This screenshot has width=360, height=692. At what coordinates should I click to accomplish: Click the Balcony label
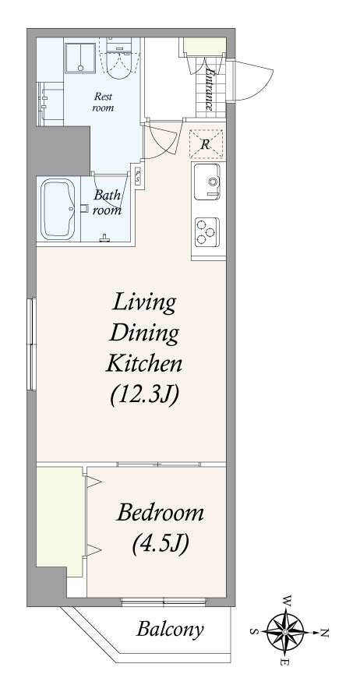tap(170, 630)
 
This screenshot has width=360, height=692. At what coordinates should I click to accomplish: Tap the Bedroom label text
tap(161, 514)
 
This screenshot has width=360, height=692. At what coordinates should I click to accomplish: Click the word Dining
tap(144, 334)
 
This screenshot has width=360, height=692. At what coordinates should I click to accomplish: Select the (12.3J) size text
tap(144, 394)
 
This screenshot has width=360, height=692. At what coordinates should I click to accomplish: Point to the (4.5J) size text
tap(161, 544)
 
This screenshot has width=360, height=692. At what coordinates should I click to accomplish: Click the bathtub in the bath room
tap(58, 209)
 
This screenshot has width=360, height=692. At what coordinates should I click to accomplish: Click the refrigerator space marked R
tap(206, 144)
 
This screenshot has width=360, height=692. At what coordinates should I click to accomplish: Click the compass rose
tap(285, 632)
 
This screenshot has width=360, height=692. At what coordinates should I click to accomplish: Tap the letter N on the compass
tap(324, 633)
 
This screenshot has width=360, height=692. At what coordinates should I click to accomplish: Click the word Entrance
tap(210, 87)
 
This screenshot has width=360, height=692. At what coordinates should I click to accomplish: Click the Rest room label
tap(103, 102)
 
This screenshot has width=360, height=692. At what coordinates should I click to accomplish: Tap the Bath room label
tap(108, 203)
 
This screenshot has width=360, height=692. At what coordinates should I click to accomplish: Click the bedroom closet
tap(59, 521)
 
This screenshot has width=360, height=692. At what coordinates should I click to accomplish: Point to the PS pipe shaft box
tap(138, 177)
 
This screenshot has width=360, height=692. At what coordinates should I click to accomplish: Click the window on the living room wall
tap(31, 344)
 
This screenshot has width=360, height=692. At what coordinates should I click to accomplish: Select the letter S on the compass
tap(253, 631)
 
